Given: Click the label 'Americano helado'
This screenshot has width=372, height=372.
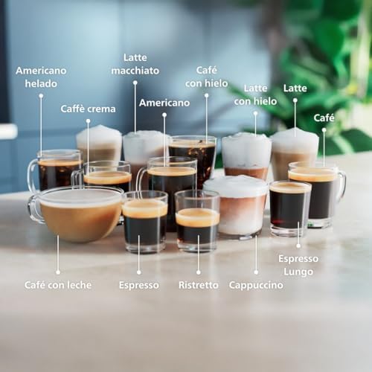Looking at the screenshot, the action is point(41,77).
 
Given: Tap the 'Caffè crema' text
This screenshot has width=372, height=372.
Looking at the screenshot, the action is point(88,109).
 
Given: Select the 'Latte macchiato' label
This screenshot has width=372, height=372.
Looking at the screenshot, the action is point(135,64).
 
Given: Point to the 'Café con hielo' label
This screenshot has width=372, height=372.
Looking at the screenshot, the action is point(206,77).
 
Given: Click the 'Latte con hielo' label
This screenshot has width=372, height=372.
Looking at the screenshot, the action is point(255,94).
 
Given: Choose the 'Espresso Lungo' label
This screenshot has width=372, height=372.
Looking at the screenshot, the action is point(298,265).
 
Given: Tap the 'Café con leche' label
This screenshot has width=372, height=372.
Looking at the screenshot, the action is point(58,285).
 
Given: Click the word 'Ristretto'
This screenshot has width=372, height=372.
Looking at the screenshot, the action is point(199,285).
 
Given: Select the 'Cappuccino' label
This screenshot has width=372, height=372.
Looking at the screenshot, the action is point(256,286).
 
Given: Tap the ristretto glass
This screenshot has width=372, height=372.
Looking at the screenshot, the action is point(197,221).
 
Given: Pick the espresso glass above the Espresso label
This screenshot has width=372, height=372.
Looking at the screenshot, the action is point(145,222).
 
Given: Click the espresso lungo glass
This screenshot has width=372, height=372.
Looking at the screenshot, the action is point(290,208).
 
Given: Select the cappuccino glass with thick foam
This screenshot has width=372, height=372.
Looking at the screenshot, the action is point(237,206).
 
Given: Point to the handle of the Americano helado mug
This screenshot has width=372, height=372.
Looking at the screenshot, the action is point(33,175).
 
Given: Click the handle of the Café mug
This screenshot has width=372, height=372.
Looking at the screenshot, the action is point(342,184).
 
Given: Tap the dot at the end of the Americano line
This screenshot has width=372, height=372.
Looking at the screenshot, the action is point(164,115).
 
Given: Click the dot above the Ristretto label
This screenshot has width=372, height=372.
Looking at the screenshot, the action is point(199,272).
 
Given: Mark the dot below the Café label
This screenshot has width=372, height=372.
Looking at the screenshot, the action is point(324,130).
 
